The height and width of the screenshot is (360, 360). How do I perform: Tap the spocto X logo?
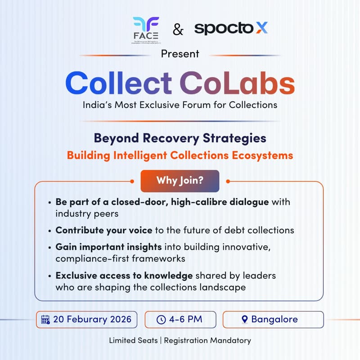coord(231,28)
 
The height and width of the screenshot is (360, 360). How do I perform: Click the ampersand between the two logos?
coord(178,30)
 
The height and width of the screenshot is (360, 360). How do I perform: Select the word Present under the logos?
coord(180,54)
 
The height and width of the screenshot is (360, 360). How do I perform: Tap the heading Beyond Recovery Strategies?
coord(180,138)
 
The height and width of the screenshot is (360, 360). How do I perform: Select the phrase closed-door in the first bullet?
coord(135,202)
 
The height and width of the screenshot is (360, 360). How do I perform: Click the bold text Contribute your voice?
coord(104,230)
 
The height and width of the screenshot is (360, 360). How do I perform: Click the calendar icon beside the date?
coord(45,320)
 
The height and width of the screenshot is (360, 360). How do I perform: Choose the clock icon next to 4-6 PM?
coord(161,320)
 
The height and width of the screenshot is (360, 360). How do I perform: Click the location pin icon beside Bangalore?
coord(244,320)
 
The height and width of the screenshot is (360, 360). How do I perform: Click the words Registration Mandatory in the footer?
coord(207,341)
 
